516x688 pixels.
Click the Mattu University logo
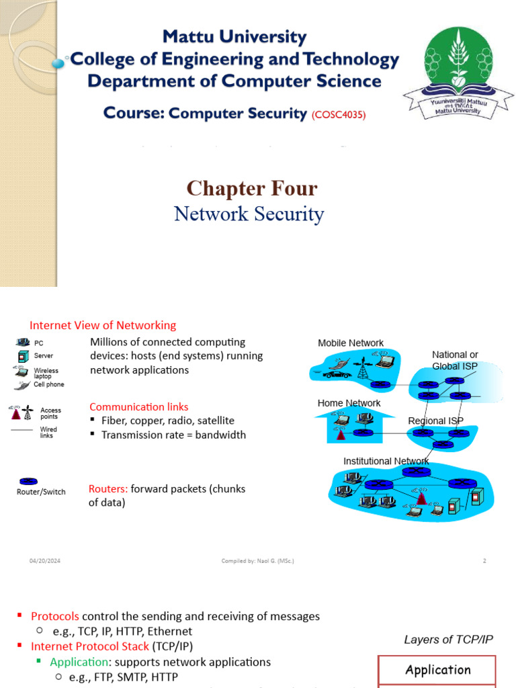coord(455,71)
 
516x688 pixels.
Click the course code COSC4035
coord(339,115)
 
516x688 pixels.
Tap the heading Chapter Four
coord(252,188)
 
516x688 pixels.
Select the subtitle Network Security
coord(249,214)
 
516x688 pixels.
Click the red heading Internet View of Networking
coord(103,325)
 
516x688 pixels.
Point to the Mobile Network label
coord(351,343)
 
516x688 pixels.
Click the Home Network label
coord(349,403)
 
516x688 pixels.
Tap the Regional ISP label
coord(435,421)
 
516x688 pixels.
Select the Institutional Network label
coord(386,461)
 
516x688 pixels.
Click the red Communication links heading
coord(139,406)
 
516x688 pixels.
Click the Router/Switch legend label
coord(41,492)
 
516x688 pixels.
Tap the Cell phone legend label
coord(49,384)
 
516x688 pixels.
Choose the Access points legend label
coord(50,413)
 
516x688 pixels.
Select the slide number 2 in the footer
coord(484,560)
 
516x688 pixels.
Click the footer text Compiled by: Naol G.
coord(257,560)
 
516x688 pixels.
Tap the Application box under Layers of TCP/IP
coord(437,670)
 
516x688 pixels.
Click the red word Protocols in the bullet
coord(55,616)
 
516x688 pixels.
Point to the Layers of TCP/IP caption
coord(448,640)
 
